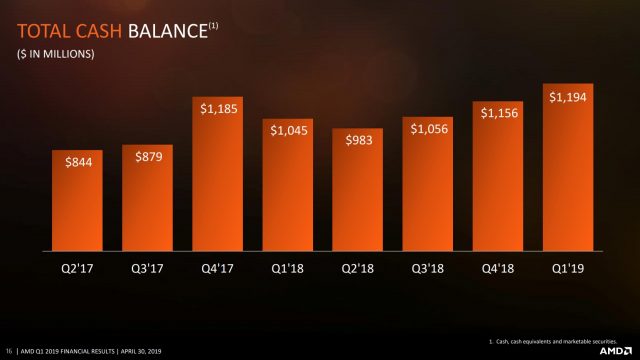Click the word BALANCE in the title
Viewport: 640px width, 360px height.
[x=163, y=32]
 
